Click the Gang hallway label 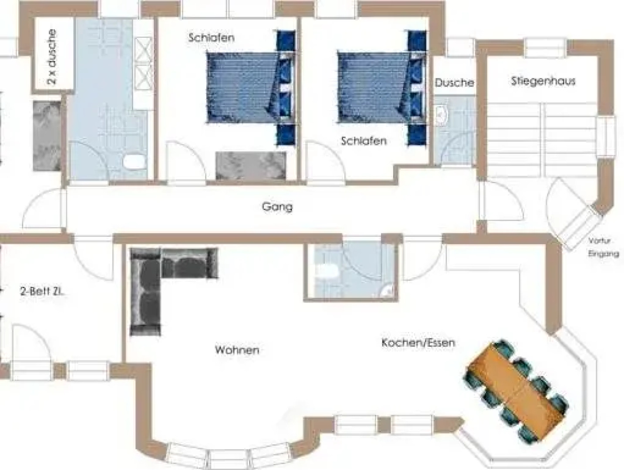tap(277, 206)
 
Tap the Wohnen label tap(237, 350)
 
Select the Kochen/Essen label tap(418, 342)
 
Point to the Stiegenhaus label tap(543, 81)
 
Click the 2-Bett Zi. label tap(42, 292)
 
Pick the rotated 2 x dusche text tap(52, 57)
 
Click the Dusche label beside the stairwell tap(454, 83)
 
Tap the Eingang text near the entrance tap(604, 254)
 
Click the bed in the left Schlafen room tap(244, 87)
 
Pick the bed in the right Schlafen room tap(374, 87)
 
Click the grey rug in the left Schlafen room tap(251, 165)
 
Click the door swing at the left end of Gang tap(44, 209)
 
